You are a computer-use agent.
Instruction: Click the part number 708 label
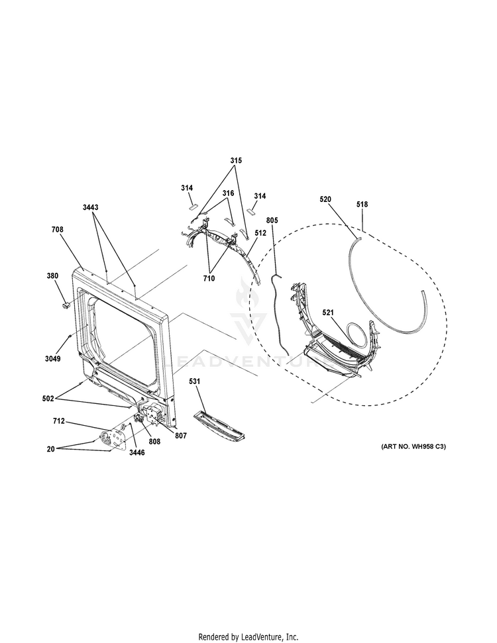58,230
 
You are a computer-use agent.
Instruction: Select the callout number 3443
90,207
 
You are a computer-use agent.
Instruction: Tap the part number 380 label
52,276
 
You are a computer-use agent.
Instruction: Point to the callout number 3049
52,359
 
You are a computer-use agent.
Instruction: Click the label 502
48,398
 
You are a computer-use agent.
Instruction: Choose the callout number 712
59,421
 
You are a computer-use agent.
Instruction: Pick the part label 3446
137,453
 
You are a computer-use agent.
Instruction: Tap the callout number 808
154,442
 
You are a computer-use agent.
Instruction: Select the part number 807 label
181,436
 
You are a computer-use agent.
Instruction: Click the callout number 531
195,381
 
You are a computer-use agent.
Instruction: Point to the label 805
272,221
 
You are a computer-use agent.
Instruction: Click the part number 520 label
325,199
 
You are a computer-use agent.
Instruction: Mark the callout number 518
362,204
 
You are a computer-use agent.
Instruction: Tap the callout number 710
209,278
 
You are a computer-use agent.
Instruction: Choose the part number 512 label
260,233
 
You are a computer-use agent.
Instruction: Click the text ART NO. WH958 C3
414,446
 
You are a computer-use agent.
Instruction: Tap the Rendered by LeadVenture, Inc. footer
248,637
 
